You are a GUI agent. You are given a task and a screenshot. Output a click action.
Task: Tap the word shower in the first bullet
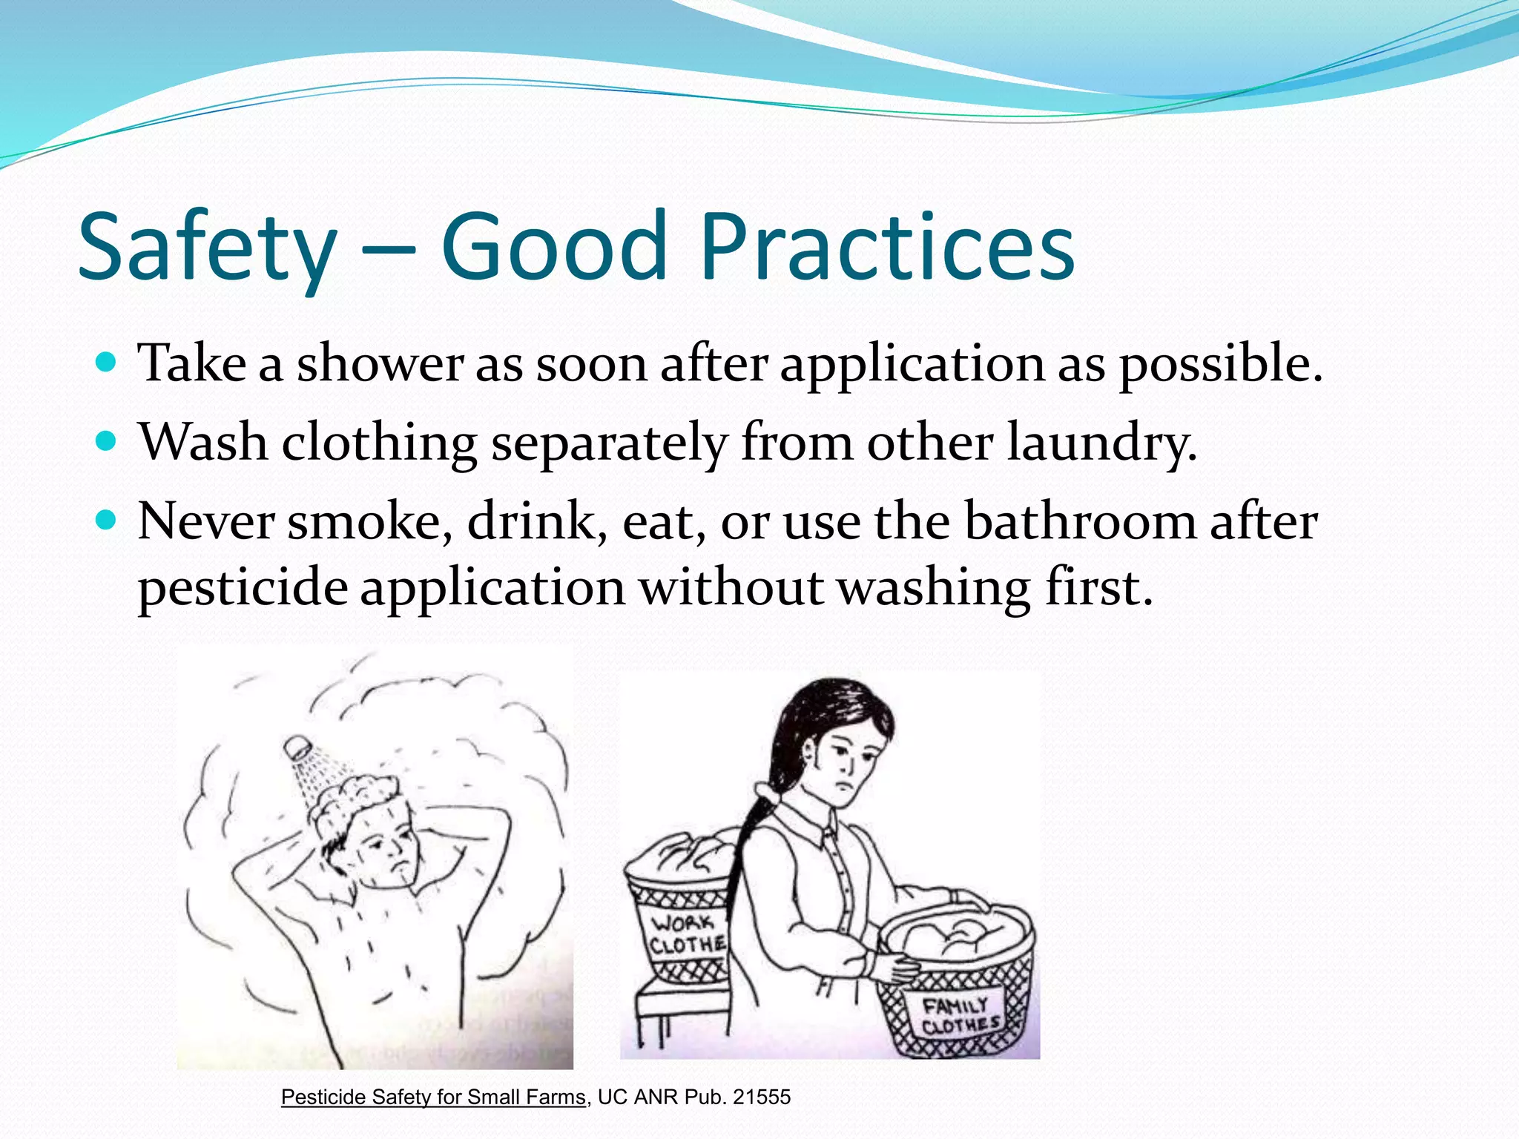[380, 364]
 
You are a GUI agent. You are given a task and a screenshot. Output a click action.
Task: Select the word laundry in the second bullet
[1102, 443]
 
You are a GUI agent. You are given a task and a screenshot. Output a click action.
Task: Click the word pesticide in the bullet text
[243, 589]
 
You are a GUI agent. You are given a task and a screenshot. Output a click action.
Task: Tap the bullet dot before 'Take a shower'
[107, 363]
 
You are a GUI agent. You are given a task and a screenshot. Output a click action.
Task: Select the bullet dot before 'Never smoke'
[107, 521]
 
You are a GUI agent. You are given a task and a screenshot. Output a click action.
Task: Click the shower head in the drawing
[298, 746]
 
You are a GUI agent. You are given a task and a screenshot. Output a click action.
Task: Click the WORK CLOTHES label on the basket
[687, 934]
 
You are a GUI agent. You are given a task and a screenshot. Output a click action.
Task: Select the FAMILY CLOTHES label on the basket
[959, 1016]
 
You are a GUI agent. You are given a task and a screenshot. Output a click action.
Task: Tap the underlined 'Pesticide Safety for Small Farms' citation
[433, 1097]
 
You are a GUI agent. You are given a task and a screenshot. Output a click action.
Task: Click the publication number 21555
[762, 1097]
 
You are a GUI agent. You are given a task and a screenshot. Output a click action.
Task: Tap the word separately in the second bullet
[609, 443]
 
